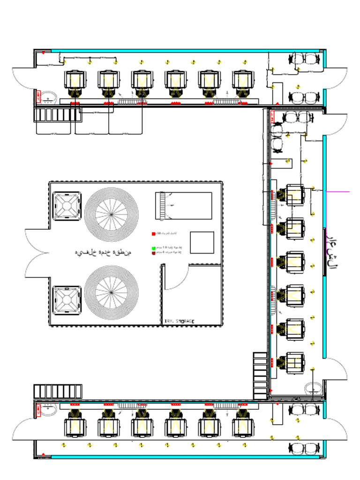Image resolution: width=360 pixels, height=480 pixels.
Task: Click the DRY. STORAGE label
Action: point(179,321)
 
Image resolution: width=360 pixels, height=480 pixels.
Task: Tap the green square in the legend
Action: point(153,248)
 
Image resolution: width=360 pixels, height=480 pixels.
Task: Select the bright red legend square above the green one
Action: point(153,233)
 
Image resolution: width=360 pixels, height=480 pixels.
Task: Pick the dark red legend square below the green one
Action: point(153,253)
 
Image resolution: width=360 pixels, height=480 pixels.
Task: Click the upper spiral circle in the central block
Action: point(112,214)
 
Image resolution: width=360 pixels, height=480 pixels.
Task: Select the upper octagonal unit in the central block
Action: point(67,206)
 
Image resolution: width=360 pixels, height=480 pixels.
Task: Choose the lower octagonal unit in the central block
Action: point(67,300)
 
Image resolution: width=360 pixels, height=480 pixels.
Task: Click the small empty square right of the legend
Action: point(202,242)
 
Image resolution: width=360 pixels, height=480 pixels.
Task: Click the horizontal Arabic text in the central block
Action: point(104,253)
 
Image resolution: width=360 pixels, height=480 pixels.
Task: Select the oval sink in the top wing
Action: point(48,98)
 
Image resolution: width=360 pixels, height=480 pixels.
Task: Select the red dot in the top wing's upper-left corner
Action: point(43,52)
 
